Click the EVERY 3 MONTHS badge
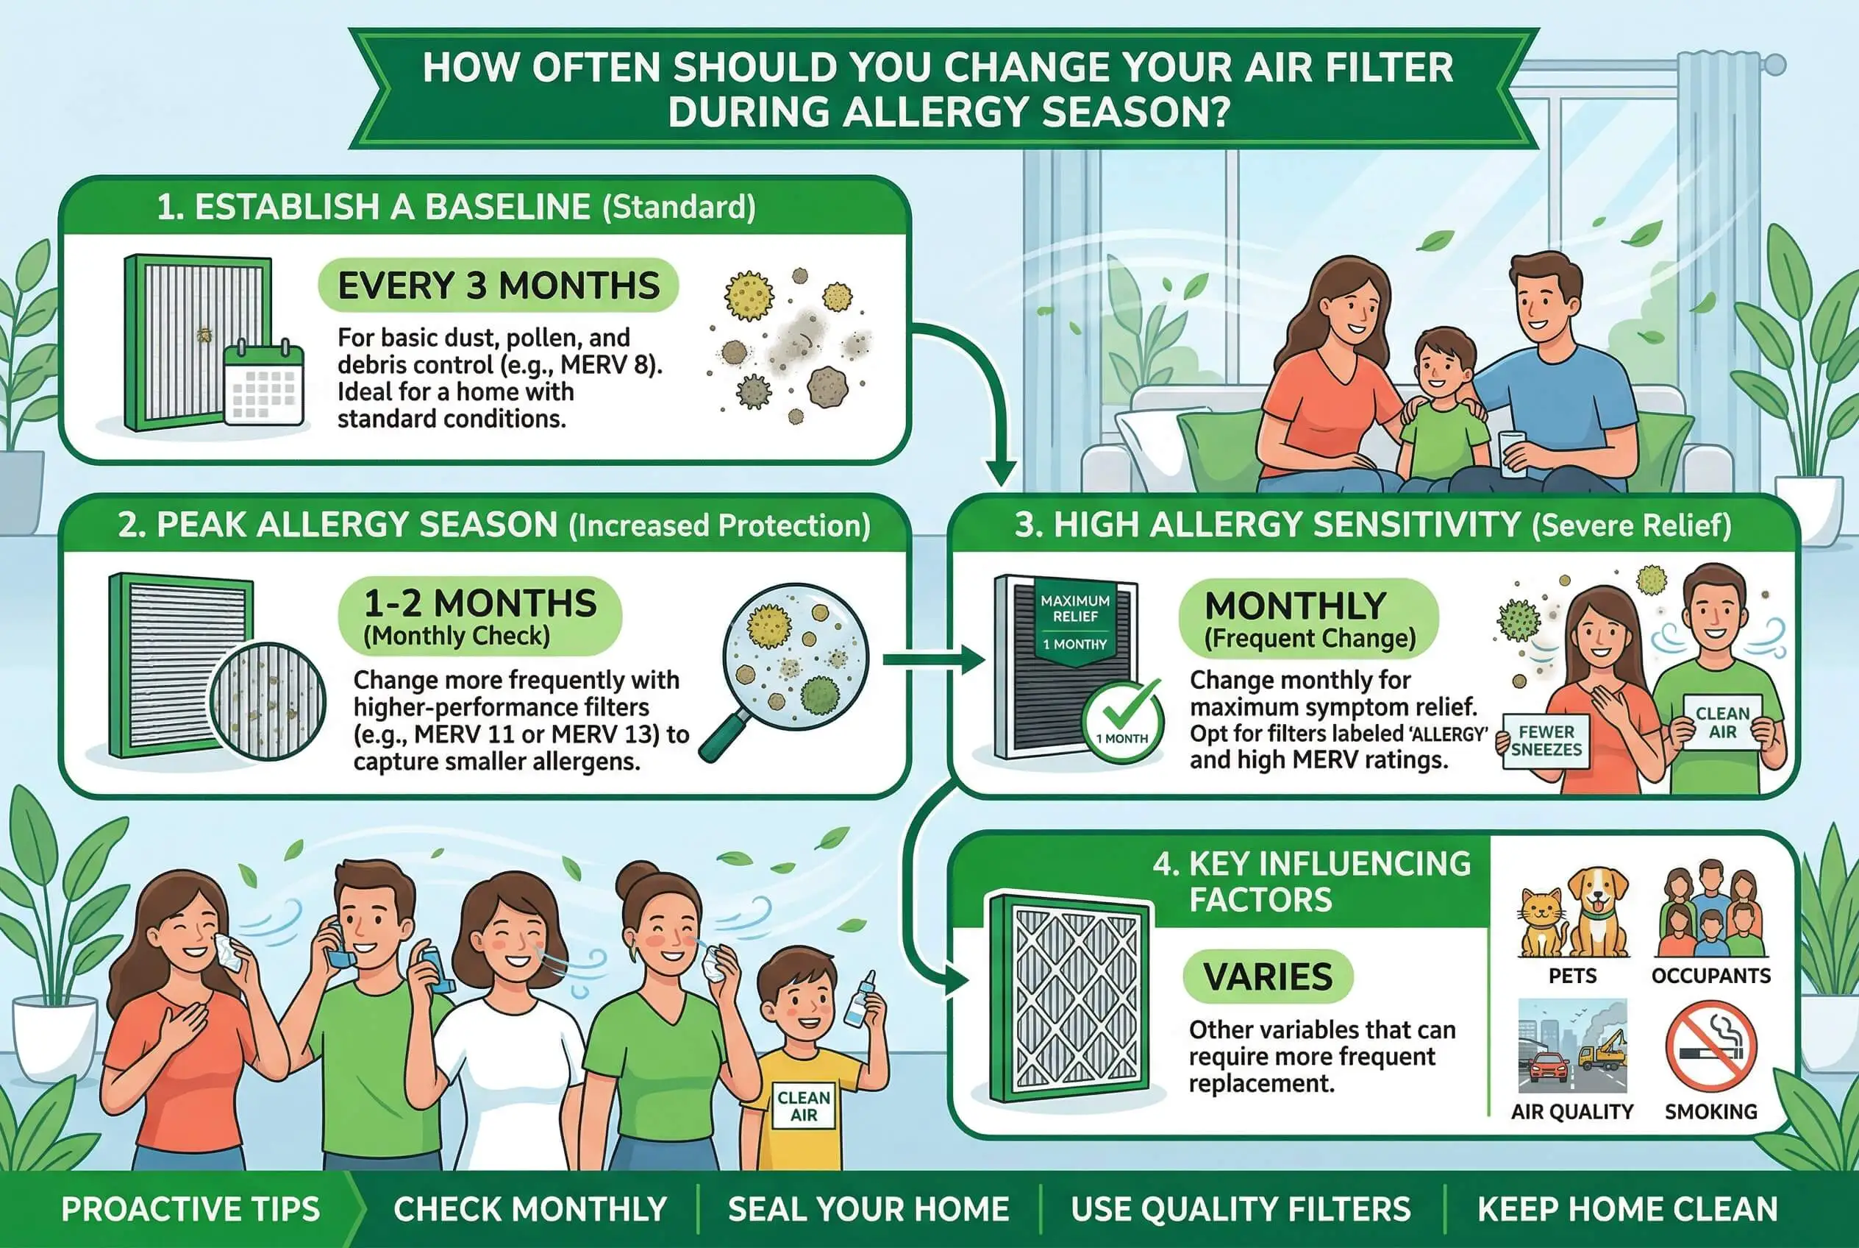[498, 285]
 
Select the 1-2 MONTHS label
[479, 603]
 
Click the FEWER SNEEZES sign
[1546, 741]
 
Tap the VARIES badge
[1267, 976]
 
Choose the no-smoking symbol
[1710, 1046]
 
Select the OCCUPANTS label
[1711, 976]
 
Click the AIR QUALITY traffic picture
[1571, 1046]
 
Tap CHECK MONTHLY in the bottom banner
[529, 1210]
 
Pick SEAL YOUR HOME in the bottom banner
[868, 1210]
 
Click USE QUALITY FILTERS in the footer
[1241, 1210]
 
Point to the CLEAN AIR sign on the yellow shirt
[804, 1105]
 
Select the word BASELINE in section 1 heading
[507, 207]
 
